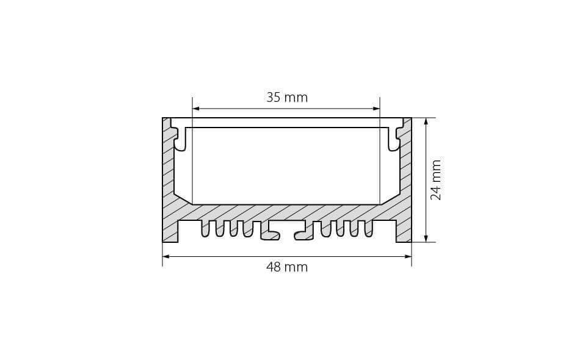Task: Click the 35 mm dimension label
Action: pyautogui.click(x=286, y=97)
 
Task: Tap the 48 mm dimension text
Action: pyautogui.click(x=286, y=267)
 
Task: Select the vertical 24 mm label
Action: pyautogui.click(x=435, y=180)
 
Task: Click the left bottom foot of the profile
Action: pyautogui.click(x=170, y=232)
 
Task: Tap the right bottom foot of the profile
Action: pyautogui.click(x=404, y=232)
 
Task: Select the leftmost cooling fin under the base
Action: pyautogui.click(x=205, y=228)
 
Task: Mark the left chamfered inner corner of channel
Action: pyautogui.click(x=183, y=199)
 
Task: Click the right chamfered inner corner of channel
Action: pyautogui.click(x=390, y=199)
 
